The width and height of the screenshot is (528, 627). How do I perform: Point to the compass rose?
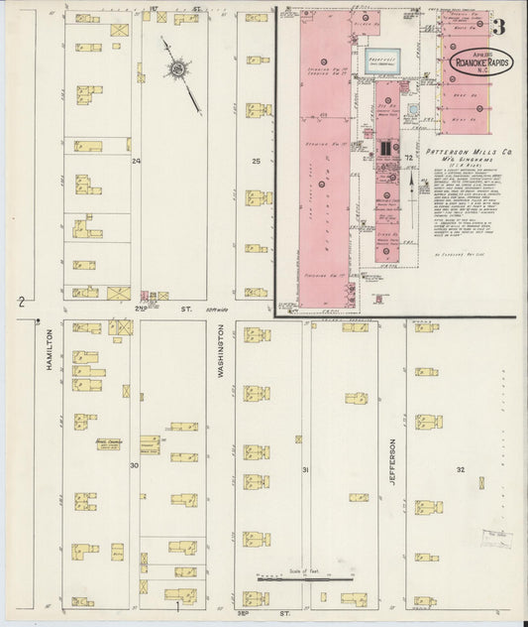click(x=178, y=69)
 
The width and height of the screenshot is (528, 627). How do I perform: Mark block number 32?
click(x=461, y=468)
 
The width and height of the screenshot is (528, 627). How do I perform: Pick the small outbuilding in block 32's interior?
click(x=481, y=483)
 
